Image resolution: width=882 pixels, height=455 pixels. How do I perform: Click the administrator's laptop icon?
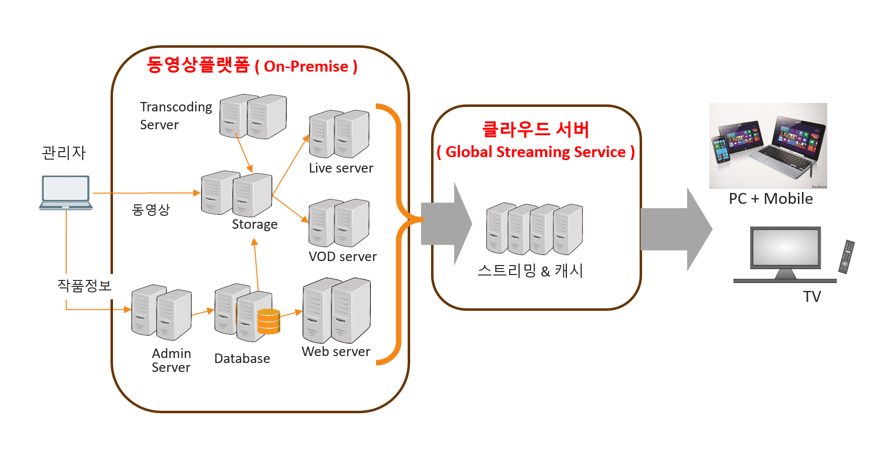click(66, 192)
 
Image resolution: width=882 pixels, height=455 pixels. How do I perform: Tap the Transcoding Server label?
click(176, 115)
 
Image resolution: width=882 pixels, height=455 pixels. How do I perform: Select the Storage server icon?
click(237, 193)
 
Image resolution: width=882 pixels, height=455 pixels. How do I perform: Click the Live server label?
click(341, 168)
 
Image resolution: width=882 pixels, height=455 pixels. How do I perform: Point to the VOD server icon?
click(339, 222)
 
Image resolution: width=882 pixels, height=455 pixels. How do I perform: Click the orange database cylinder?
click(269, 321)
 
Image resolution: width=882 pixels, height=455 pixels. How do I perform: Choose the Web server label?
click(336, 352)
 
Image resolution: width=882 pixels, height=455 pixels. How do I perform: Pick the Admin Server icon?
click(161, 312)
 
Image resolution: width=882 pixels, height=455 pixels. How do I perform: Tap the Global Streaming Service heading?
click(536, 152)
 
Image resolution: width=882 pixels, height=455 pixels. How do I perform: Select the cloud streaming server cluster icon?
click(535, 229)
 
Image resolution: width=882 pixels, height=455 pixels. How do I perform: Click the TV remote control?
click(846, 257)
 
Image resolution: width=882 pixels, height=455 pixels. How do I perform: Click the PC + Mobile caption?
click(771, 199)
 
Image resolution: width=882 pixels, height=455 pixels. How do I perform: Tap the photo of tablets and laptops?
click(768, 145)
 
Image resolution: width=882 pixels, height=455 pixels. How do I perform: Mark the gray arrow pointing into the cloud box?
click(445, 224)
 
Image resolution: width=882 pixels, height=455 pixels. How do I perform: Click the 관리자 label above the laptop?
click(64, 153)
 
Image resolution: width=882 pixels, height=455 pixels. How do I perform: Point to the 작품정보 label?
click(84, 285)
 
